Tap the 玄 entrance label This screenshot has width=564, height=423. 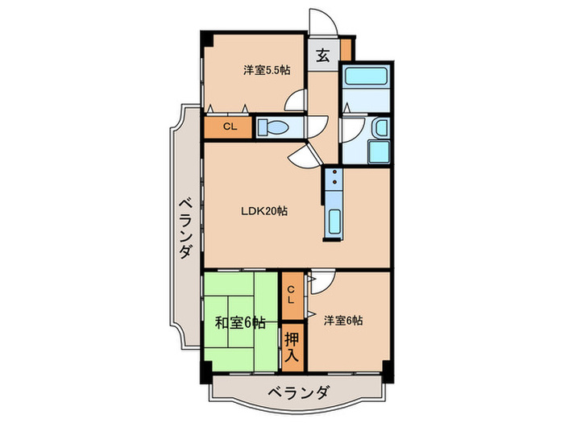pos(321,56)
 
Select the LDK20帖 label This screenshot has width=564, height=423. pos(264,211)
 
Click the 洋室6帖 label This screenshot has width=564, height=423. pos(343,321)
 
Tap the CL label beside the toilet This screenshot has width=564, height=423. pos(230,126)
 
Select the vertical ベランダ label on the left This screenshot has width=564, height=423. pos(185,228)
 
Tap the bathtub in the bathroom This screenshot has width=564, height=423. pos(366,78)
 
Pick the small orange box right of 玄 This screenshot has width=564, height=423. pos(346,49)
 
